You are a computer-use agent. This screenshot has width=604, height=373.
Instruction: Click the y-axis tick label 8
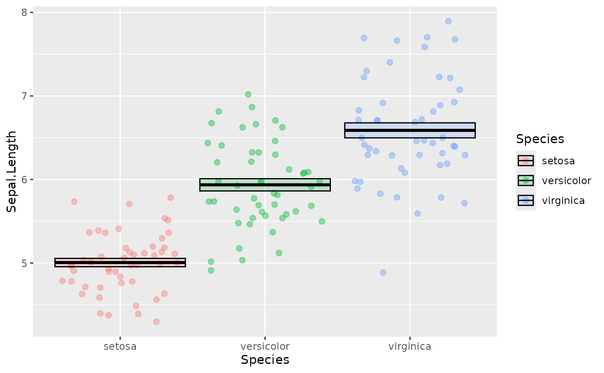click(25, 13)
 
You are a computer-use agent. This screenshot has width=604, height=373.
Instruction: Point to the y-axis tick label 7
click(25, 96)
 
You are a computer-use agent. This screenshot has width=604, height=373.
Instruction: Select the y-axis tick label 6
click(25, 179)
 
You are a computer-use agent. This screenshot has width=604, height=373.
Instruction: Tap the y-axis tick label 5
click(25, 263)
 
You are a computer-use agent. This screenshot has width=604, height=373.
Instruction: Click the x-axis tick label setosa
click(120, 346)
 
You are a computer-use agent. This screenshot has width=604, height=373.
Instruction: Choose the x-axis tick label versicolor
click(265, 346)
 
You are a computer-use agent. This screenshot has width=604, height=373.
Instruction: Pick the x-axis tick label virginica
click(409, 346)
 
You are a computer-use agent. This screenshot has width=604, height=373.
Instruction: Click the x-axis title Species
click(265, 360)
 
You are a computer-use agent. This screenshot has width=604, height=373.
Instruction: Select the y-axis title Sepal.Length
click(12, 171)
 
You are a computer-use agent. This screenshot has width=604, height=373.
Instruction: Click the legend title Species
click(540, 139)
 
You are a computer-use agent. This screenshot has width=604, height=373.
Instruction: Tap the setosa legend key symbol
click(525, 161)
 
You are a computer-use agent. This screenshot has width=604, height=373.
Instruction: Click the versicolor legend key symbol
click(525, 181)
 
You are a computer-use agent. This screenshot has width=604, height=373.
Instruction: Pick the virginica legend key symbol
click(525, 201)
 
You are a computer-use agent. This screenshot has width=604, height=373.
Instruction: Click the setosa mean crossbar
click(120, 263)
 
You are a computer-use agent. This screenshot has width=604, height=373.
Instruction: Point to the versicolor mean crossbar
click(265, 185)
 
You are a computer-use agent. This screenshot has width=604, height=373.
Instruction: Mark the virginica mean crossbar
click(409, 130)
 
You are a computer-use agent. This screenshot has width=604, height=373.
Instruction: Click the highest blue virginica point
click(448, 21)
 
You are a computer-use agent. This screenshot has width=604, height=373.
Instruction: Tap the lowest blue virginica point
click(383, 273)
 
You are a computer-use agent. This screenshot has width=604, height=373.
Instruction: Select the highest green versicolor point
click(248, 94)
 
